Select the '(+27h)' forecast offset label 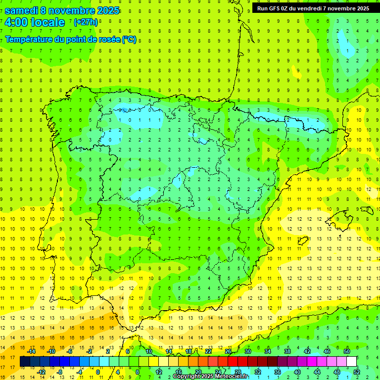click(x=86, y=22)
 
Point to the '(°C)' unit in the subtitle click(x=129, y=40)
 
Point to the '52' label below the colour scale click(x=357, y=372)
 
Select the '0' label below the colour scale click(x=98, y=372)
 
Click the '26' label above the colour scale click(x=228, y=351)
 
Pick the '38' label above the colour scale click(x=287, y=351)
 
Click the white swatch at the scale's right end click(x=352, y=362)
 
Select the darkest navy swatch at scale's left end click(x=25, y=362)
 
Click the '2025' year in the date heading click(x=107, y=10)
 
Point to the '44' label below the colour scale click(x=317, y=372)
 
